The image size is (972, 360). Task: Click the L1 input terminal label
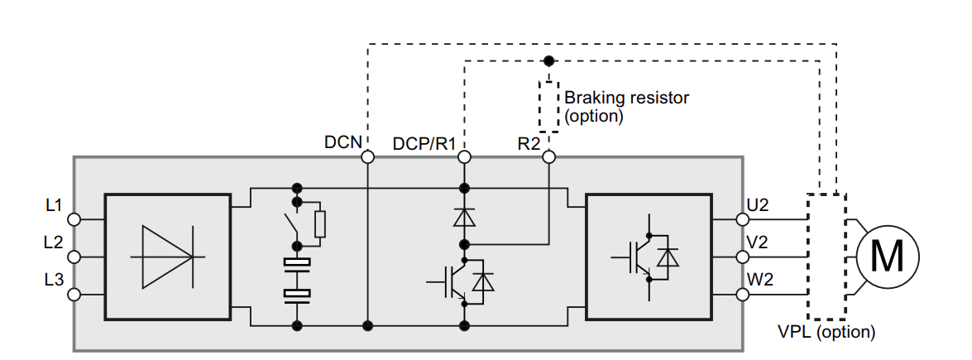[54, 204]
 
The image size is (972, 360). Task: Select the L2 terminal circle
[74, 257]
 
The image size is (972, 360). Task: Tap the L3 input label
[54, 280]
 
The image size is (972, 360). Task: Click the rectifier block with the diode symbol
[168, 257]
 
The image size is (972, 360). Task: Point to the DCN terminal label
[342, 142]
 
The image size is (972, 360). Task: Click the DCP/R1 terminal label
[424, 143]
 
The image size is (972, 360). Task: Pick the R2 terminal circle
[548, 157]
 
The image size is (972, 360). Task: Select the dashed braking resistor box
[548, 106]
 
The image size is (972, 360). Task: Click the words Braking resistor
[627, 98]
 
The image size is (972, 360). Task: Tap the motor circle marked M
[888, 257]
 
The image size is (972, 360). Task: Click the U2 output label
[759, 204]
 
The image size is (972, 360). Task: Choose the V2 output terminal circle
[742, 257]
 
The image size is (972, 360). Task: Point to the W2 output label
[760, 280]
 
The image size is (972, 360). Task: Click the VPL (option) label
[826, 332]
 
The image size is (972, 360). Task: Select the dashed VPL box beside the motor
[826, 257]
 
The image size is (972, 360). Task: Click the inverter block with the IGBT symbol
[649, 257]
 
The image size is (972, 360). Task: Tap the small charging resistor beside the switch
[320, 224]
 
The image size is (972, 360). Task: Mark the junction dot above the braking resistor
[548, 61]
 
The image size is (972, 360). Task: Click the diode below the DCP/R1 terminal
[464, 217]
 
